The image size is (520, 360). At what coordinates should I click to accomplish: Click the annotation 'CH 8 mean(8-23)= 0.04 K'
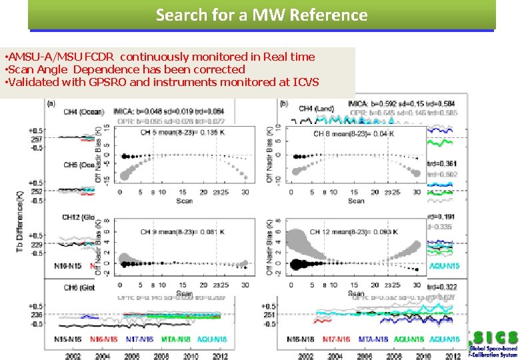pyautogui.click(x=354, y=134)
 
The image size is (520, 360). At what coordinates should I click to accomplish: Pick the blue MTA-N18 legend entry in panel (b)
pyautogui.click(x=374, y=339)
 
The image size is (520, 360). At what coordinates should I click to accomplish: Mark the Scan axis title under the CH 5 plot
pyautogui.click(x=184, y=201)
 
